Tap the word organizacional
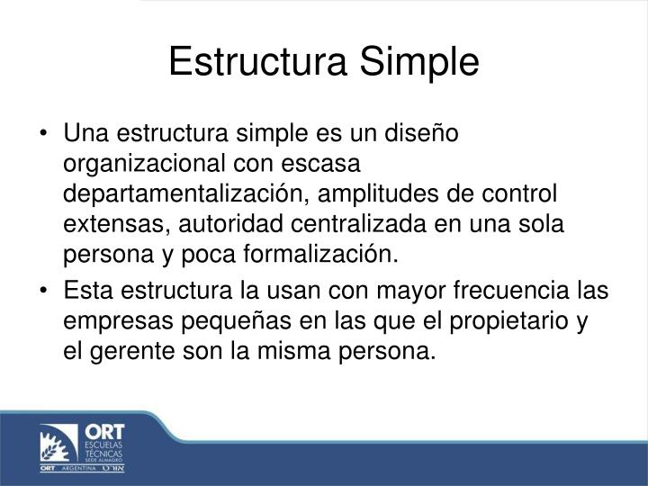click(x=143, y=165)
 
